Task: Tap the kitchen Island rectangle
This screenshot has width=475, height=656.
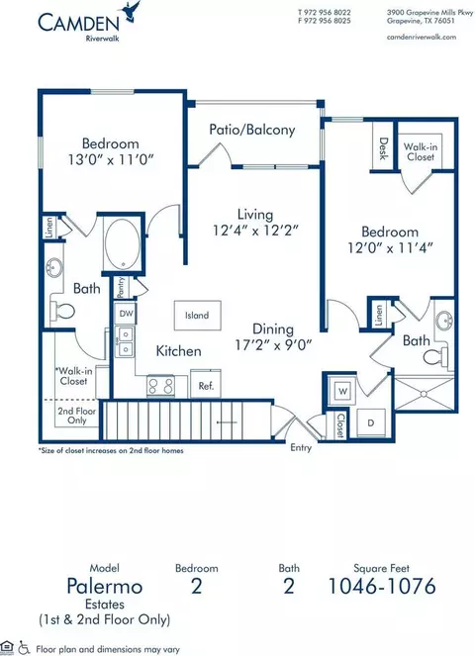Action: click(197, 315)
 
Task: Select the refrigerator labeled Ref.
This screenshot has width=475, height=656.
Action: click(206, 383)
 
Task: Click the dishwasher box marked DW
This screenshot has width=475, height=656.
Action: click(125, 314)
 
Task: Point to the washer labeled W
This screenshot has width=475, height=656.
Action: click(342, 391)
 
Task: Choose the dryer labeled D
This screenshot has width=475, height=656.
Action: click(371, 422)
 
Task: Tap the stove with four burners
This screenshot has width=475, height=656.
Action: click(160, 386)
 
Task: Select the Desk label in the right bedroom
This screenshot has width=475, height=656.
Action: click(383, 148)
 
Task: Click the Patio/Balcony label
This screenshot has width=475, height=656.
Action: click(252, 130)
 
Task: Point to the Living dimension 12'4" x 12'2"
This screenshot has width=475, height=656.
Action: click(255, 231)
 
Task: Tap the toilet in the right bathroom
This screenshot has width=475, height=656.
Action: click(434, 357)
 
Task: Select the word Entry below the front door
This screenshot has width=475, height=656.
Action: click(301, 447)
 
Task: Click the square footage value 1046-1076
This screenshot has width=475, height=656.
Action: click(382, 586)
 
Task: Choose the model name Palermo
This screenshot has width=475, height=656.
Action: click(105, 586)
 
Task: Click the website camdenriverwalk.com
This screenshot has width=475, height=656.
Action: click(422, 37)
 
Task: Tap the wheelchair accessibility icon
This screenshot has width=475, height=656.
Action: click(24, 649)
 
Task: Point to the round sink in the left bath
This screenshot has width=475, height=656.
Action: click(54, 266)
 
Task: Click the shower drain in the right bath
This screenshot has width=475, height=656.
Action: click(424, 394)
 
